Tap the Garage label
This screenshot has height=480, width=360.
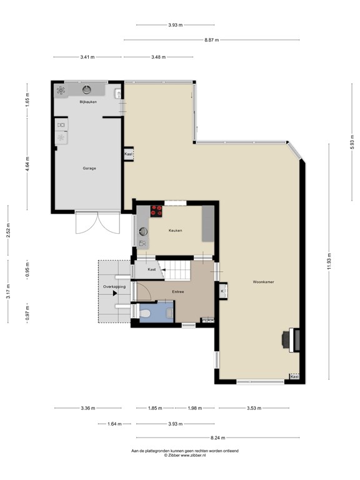(x=89, y=168)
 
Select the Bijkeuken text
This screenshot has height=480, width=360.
(x=87, y=101)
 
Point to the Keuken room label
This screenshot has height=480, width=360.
(x=175, y=231)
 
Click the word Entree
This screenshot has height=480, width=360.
(x=177, y=291)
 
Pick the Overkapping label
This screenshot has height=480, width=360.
(x=114, y=286)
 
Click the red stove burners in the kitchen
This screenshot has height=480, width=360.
(x=156, y=211)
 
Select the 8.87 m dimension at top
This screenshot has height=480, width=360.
(x=211, y=40)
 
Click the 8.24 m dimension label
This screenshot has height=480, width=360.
(x=216, y=438)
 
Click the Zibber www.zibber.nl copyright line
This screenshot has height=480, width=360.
(x=184, y=456)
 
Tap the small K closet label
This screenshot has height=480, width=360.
(x=222, y=291)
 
